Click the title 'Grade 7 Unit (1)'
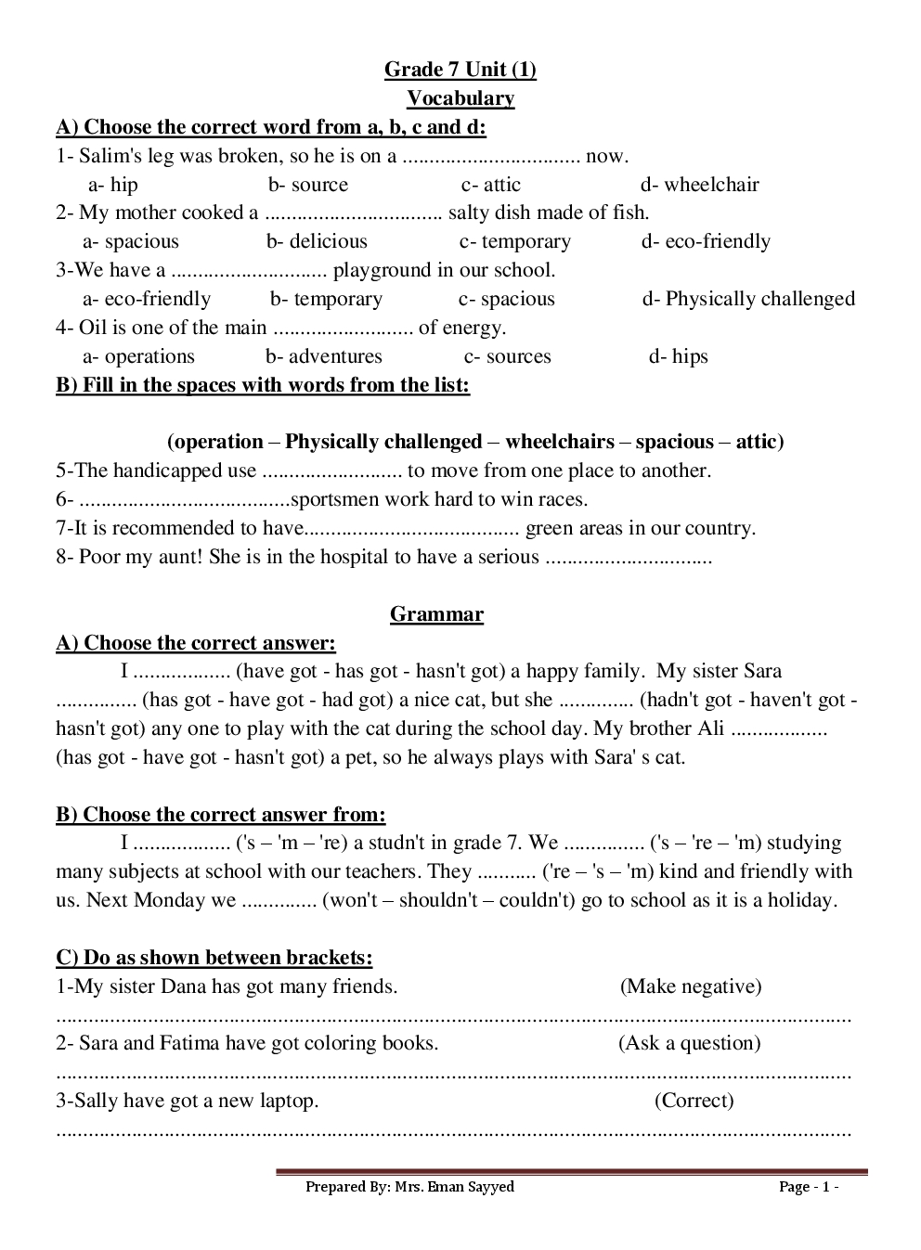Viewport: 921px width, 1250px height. (x=460, y=70)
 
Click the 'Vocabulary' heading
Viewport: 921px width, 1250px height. (x=460, y=98)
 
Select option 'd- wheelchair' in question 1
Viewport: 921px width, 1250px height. (x=699, y=185)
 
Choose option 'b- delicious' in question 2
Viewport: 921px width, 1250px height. (x=317, y=242)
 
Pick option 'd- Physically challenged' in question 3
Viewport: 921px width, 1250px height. (x=748, y=300)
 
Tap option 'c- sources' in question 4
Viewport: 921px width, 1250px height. (x=507, y=357)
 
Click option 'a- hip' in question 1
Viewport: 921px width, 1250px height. (x=112, y=185)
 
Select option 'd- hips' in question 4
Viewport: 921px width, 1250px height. (x=678, y=357)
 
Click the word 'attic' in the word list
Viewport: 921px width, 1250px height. (x=757, y=442)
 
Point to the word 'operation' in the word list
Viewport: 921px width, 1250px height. (x=218, y=442)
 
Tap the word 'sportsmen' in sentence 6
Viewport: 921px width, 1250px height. (x=335, y=500)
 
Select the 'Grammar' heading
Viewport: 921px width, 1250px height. (x=436, y=614)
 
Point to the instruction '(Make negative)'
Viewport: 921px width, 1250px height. (x=691, y=986)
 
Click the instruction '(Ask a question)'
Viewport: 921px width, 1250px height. (x=690, y=1044)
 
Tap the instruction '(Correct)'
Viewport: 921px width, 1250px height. (x=694, y=1102)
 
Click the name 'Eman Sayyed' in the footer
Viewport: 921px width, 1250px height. (x=472, y=1187)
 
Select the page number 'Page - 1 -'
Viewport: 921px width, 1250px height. (x=809, y=1187)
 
